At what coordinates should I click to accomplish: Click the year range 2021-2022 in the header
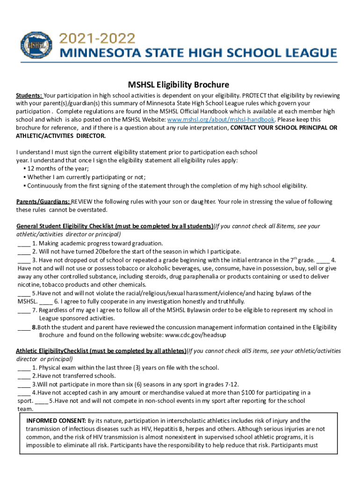click(97, 38)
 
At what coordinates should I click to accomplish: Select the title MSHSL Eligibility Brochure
click(172, 85)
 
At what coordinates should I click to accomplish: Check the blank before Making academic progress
click(24, 243)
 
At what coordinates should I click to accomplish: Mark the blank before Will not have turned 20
click(24, 252)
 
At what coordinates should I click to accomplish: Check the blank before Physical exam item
click(24, 367)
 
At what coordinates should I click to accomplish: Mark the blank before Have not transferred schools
click(24, 376)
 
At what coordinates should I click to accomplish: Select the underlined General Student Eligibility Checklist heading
click(115, 226)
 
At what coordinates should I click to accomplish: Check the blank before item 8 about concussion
click(24, 327)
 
